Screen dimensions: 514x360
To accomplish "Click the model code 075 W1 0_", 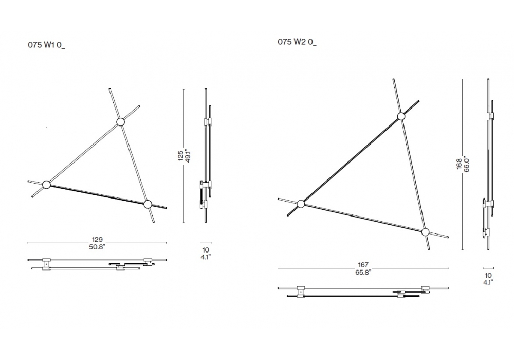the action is (46, 45).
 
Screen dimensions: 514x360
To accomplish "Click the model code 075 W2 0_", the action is (297, 42).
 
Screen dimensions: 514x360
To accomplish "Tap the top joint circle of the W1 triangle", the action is (120, 122).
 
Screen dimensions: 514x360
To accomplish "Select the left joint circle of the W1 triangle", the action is (46, 185).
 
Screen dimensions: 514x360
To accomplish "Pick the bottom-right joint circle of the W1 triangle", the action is (148, 204).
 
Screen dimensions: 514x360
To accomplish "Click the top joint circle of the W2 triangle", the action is (401, 116).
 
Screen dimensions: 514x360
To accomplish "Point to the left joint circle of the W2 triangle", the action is (301, 204).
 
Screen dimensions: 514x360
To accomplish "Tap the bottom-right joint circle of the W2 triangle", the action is (425, 232).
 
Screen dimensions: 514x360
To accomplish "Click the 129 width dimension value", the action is (97, 240).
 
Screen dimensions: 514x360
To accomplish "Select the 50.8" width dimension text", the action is (97, 247).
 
